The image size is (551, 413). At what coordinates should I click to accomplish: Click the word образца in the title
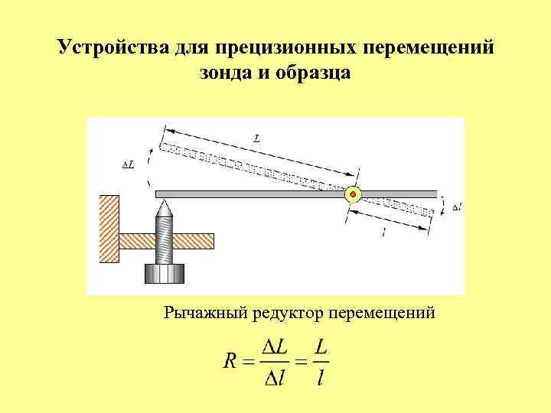point(314,73)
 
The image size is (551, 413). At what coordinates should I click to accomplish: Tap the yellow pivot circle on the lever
point(353,194)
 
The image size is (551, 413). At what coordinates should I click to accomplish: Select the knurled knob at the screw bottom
point(165,273)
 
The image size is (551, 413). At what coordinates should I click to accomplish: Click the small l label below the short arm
point(383,233)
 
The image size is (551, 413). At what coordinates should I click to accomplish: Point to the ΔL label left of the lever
point(128,164)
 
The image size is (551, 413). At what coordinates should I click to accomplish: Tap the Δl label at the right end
point(456,206)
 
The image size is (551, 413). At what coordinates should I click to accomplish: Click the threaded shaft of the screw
point(165,237)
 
